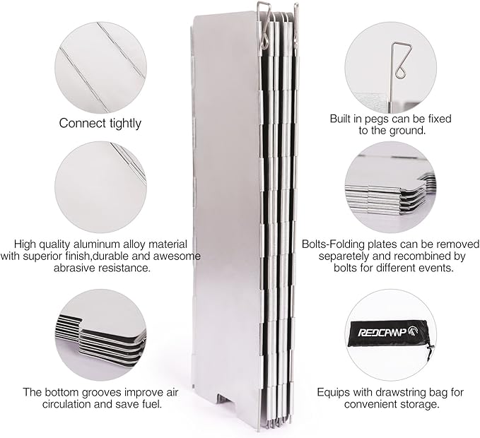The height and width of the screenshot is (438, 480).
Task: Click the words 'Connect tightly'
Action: point(100,124)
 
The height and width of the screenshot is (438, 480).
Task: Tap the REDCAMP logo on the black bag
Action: point(392,331)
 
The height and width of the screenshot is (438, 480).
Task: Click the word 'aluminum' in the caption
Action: point(98,244)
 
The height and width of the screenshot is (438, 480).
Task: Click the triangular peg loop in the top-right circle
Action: point(401,61)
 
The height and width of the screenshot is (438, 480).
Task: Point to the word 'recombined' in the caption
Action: point(417,256)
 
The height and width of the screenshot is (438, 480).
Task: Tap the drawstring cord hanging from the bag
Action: point(430,353)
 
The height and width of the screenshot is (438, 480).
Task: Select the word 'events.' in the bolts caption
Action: point(436,268)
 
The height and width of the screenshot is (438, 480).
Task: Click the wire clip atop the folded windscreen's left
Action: point(264,25)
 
